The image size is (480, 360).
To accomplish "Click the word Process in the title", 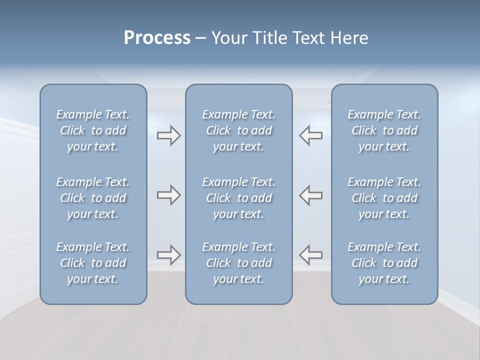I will pos(157,38).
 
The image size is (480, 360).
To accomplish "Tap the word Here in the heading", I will pos(349,38).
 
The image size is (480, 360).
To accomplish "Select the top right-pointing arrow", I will pos(168,135).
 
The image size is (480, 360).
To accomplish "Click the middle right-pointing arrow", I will pos(168,195).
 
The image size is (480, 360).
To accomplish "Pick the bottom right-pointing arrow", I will pos(168,255).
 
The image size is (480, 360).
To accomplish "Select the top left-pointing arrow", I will pos(311,135).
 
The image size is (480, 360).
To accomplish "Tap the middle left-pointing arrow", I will pos(311,195).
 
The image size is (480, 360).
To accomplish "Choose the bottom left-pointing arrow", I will pos(311,255).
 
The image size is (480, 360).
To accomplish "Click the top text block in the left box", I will pos(93,130).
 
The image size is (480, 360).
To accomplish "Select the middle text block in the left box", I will pos(93,198).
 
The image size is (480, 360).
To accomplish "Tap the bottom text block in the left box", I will pos(93,263).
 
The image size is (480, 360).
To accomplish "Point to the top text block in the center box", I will pos(238,130).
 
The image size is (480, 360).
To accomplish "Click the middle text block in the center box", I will pos(238,198).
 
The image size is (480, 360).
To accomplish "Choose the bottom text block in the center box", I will pos(238,263).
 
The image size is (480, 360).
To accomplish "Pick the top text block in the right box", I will pos(384,130).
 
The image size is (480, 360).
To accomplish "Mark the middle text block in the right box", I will pos(384,198).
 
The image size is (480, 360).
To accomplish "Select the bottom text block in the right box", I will pos(384,263).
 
